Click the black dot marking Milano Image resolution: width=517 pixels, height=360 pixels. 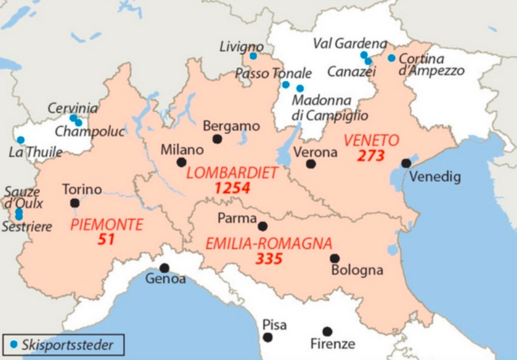[181, 162]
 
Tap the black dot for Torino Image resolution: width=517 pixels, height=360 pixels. [75, 203]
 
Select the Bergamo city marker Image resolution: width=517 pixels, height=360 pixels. [217, 139]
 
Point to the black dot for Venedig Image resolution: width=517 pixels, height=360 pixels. [406, 163]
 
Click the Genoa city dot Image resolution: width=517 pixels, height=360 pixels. [164, 268]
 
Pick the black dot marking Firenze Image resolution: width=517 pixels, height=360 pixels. [327, 332]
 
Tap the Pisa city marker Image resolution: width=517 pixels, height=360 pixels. [268, 338]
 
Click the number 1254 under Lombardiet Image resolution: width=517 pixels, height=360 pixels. [233, 189]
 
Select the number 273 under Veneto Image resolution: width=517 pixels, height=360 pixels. [370, 156]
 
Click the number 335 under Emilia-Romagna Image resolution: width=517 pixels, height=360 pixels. [269, 259]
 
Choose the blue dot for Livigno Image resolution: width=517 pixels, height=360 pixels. [253, 56]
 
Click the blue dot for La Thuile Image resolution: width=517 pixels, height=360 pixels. [21, 140]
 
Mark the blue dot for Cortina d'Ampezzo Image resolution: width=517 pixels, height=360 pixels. [392, 58]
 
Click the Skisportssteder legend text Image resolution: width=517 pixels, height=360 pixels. [67, 345]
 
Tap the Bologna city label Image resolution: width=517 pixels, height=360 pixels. [357, 270]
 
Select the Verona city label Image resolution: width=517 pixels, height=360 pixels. [315, 152]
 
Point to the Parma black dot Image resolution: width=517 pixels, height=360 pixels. [263, 226]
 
